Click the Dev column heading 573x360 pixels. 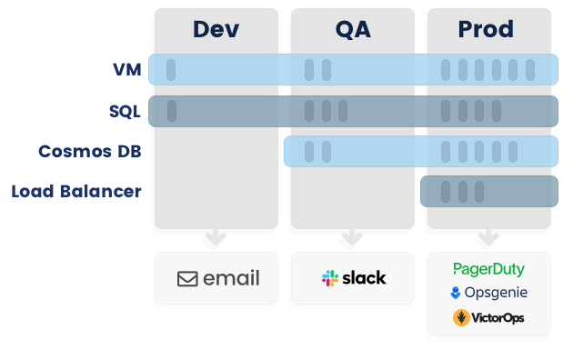(x=216, y=29)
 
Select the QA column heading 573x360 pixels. (x=352, y=29)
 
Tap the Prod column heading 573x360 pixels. (x=487, y=29)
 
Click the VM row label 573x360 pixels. (x=127, y=70)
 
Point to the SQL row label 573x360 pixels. (x=125, y=111)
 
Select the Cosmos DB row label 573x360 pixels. (x=89, y=151)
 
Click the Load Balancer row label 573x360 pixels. (x=76, y=192)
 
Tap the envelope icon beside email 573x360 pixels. (x=187, y=279)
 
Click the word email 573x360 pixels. (x=231, y=279)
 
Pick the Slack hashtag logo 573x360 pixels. (x=330, y=278)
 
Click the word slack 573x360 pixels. (x=364, y=278)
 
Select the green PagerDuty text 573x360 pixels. (x=488, y=270)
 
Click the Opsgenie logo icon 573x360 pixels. (x=455, y=293)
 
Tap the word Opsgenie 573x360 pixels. (x=496, y=293)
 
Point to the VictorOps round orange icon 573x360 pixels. (x=461, y=317)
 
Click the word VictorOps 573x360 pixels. (x=498, y=318)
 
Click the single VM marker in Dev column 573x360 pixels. (x=171, y=70)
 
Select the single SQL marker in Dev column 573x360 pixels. (x=172, y=111)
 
